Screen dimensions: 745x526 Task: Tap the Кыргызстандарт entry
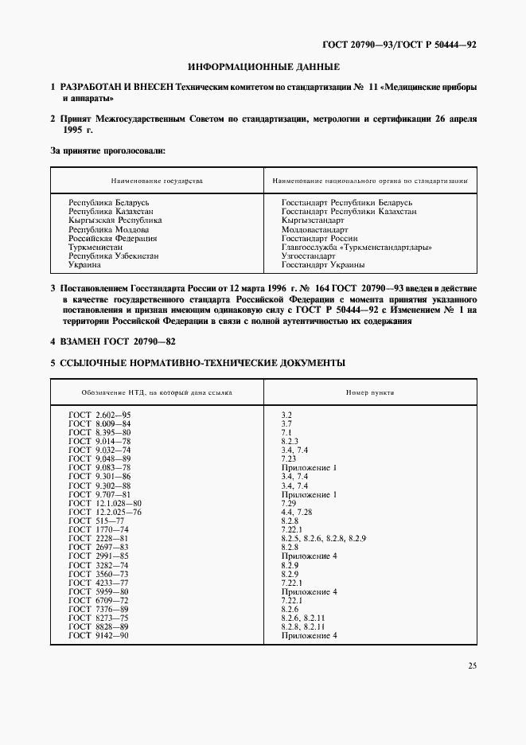point(311,220)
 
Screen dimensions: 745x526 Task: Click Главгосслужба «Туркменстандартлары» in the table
point(357,247)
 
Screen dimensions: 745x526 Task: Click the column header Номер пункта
point(369,392)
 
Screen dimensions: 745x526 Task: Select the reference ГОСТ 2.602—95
point(99,415)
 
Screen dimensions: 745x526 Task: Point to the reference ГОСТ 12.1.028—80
point(105,503)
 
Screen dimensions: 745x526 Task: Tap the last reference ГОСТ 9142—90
point(99,635)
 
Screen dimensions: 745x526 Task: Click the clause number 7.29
point(290,503)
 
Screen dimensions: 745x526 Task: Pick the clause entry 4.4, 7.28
point(298,512)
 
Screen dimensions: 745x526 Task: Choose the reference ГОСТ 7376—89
point(99,609)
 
